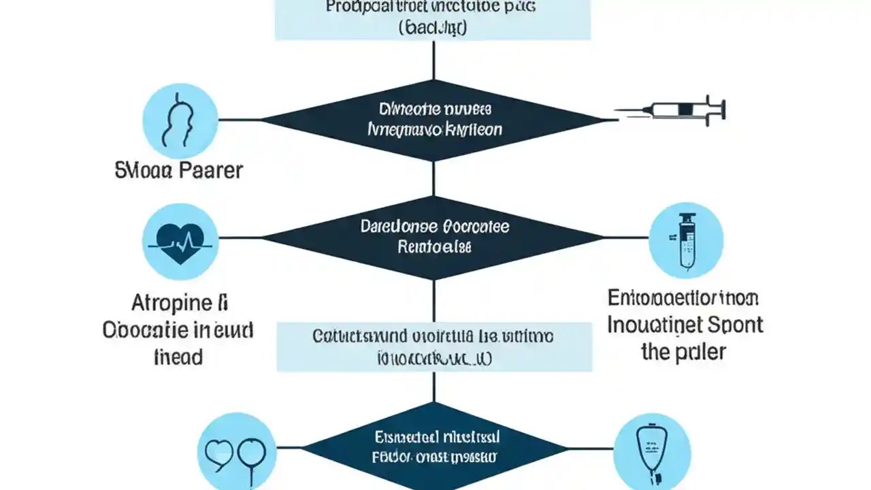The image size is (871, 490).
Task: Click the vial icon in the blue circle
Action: point(685,239)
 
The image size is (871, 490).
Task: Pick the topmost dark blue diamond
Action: point(434,120)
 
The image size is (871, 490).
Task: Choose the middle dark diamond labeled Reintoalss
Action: point(434,238)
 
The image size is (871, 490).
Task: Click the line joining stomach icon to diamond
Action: point(240,120)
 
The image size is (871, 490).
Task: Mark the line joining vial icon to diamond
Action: point(626,238)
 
